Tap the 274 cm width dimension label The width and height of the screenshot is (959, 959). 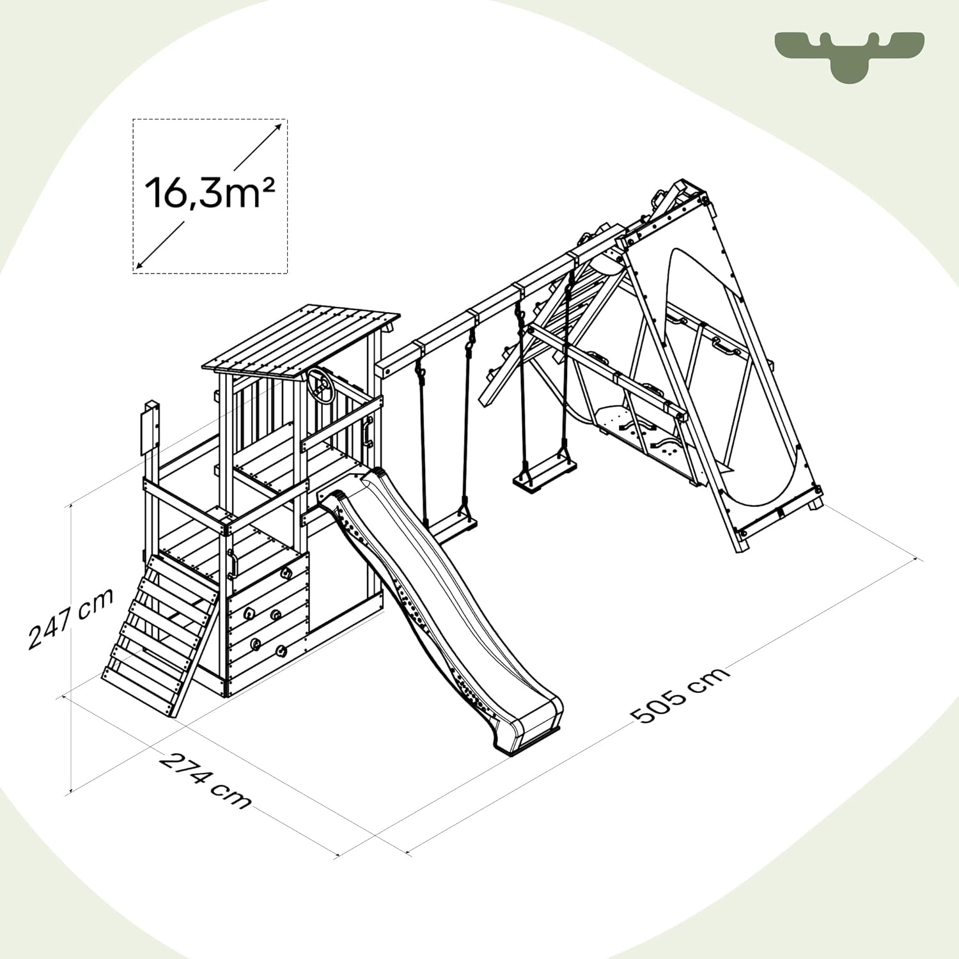click(x=205, y=781)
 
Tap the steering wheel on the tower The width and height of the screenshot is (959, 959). click(x=320, y=386)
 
